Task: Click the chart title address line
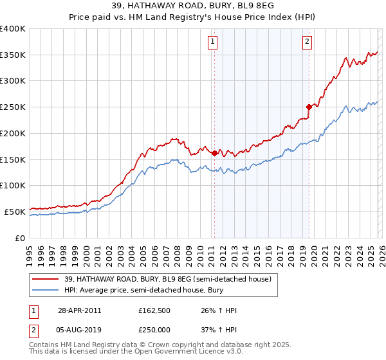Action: [x=193, y=6]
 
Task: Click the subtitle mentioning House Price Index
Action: [x=193, y=17]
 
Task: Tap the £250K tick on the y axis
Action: [x=13, y=107]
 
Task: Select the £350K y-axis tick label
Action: [x=13, y=55]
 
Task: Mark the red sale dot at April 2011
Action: [x=214, y=153]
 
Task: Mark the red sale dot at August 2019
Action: [x=309, y=107]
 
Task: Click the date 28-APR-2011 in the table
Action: [x=79, y=310]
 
